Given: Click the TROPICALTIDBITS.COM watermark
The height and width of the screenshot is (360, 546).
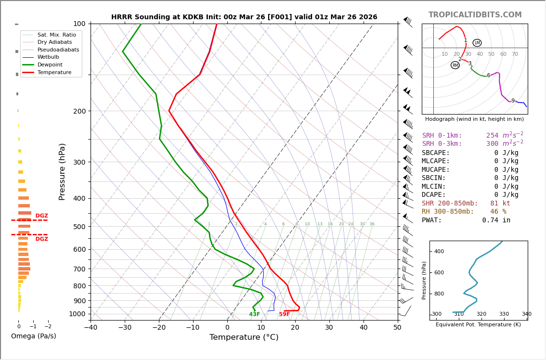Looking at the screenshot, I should point(475,15).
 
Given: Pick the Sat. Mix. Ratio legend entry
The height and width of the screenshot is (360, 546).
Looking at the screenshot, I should point(56,35).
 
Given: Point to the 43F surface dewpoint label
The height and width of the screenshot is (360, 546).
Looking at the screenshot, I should point(255,314).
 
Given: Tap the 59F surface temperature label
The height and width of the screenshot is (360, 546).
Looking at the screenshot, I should point(285,314).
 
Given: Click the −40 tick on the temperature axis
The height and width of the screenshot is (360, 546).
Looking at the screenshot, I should point(91,328).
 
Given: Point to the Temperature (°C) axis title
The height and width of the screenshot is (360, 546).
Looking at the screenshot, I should point(244,337).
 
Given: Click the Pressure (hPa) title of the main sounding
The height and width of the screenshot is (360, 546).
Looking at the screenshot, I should point(63,171).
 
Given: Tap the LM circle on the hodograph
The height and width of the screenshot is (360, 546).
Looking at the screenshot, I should point(477,43).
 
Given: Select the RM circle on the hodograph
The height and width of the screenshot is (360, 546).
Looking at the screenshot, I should point(455,65).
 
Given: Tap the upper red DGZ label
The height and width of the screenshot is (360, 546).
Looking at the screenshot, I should point(42,216).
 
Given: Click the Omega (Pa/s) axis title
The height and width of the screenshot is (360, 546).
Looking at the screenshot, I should point(34,336).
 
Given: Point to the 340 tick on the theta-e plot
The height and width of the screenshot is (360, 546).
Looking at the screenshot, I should point(526,314).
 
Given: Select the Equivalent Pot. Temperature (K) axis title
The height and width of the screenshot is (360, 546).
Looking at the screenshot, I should point(478,325).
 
